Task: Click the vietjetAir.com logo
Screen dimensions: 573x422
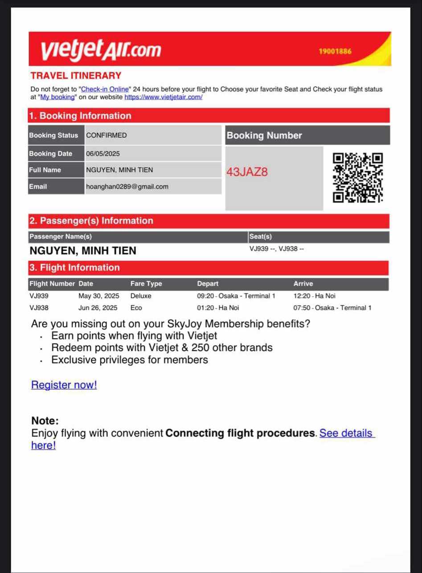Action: (x=101, y=49)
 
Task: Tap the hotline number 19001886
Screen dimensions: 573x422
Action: (x=335, y=51)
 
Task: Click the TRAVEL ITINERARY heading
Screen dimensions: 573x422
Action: (x=76, y=76)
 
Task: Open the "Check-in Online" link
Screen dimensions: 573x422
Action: (x=104, y=89)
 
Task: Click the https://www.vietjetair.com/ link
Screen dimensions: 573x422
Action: (x=164, y=97)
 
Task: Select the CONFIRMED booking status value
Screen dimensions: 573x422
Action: (x=107, y=135)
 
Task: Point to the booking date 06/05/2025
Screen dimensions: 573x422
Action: (x=103, y=154)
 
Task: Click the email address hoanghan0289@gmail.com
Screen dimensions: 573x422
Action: (x=127, y=187)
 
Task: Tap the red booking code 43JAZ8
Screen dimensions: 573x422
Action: (x=247, y=172)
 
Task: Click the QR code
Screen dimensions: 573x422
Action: (x=358, y=177)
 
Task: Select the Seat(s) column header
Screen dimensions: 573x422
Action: (x=261, y=237)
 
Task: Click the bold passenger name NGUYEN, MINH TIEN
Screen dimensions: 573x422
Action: (x=83, y=251)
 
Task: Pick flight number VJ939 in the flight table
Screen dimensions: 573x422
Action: (x=39, y=296)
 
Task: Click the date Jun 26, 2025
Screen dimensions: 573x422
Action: (x=98, y=308)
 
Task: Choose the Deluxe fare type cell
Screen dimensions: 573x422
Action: (x=141, y=296)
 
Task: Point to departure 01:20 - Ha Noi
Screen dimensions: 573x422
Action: (x=218, y=308)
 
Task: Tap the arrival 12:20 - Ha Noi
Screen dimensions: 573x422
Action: (x=315, y=296)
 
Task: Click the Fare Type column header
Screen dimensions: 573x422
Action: (x=146, y=284)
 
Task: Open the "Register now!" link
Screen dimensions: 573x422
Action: (x=64, y=385)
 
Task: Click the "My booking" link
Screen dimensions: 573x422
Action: (x=57, y=97)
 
